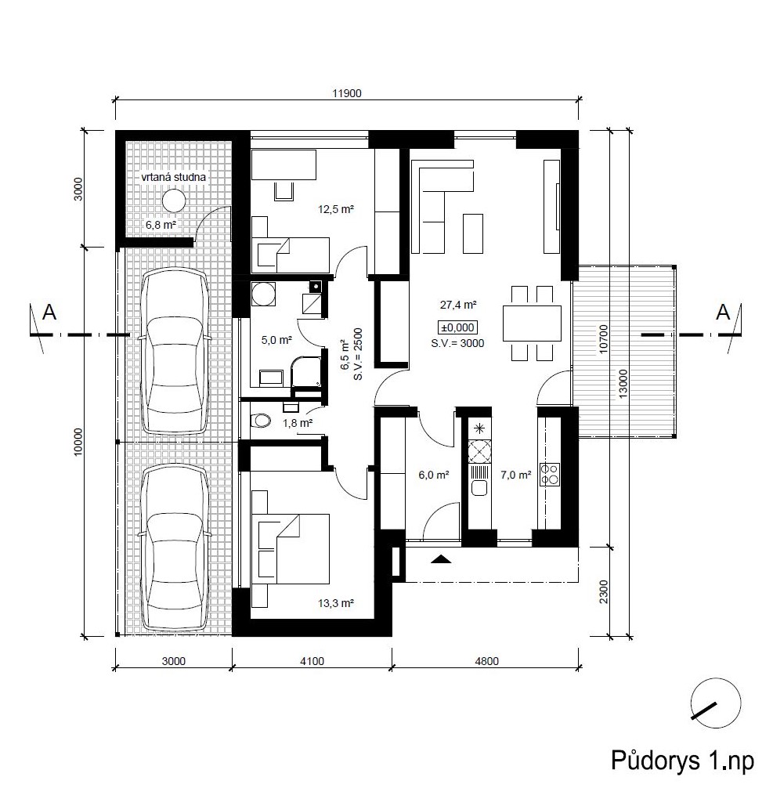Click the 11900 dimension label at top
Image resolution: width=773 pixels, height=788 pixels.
pos(347,93)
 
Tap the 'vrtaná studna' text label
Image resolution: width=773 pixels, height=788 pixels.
pos(173,177)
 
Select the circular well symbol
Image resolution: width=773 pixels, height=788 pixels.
pos(174,201)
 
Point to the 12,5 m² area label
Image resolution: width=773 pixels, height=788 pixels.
pos(336,209)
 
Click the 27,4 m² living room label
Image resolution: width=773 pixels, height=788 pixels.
pos(458,305)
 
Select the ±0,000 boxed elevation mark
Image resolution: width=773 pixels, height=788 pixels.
pos(457,327)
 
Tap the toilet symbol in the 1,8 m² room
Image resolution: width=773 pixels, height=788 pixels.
pos(260,420)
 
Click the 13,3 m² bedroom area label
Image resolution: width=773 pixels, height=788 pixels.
pos(336,603)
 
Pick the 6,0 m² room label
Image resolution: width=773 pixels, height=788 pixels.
pos(434,475)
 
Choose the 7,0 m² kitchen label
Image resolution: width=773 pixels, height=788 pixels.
pos(515,475)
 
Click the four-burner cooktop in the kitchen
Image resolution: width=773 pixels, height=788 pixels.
pos(550,475)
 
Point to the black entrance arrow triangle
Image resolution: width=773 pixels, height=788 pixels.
pos(441,558)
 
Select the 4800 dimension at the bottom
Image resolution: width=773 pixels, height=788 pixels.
pos(486,661)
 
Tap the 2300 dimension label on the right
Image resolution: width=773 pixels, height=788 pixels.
pos(604,591)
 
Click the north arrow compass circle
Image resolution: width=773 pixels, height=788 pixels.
pos(716,703)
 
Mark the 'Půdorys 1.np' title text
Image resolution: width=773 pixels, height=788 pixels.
pos(682,761)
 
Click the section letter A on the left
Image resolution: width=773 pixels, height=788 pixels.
pos(49,313)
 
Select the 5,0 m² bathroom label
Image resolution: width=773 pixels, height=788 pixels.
pos(276,340)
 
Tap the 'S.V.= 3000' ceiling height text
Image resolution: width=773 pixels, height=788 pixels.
pos(457,343)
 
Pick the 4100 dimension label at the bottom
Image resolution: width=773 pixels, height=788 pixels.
pos(312,661)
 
